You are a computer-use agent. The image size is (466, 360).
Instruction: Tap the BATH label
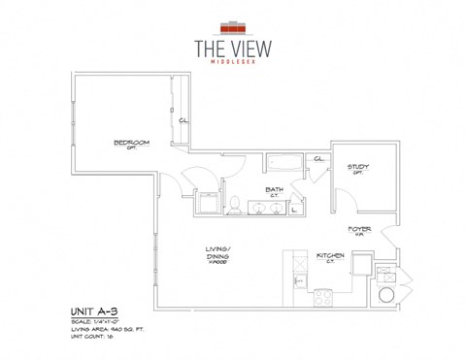point(274,189)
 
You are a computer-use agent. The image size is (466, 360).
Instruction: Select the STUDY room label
point(358,166)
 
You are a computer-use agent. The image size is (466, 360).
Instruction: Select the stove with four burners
point(322,297)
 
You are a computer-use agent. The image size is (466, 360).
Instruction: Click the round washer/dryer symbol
point(387,293)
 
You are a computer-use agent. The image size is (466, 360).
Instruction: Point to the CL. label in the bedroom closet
point(183,120)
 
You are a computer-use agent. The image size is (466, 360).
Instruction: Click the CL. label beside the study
point(317,159)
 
